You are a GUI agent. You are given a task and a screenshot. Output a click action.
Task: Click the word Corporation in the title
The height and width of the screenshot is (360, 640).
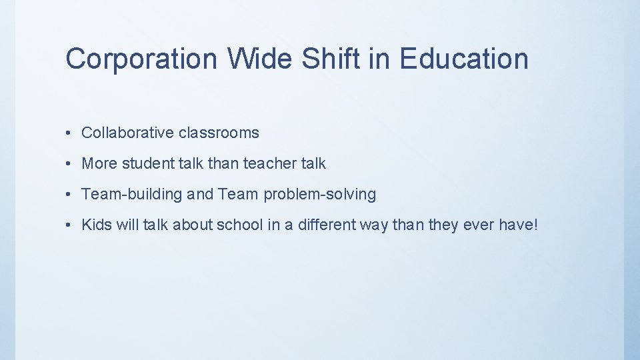[x=141, y=59]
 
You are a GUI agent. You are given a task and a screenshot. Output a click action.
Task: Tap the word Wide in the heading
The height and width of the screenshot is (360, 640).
[x=261, y=59]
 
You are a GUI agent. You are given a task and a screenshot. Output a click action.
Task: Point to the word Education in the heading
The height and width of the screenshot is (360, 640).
[x=464, y=59]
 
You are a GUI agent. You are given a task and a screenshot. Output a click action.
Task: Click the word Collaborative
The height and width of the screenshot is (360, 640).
[x=127, y=133]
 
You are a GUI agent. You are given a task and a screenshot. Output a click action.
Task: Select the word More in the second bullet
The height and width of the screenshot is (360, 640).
[x=99, y=163]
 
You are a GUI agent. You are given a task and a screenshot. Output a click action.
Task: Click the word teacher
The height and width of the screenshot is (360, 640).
[x=269, y=163]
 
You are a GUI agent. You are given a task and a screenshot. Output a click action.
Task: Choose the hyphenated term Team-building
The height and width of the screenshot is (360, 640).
[x=132, y=195]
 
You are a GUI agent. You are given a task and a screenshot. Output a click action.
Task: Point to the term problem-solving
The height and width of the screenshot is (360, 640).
[x=320, y=195]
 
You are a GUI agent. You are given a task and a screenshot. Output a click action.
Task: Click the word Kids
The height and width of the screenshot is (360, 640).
[x=97, y=225]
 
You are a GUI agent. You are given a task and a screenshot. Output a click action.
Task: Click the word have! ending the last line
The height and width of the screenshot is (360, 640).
[x=518, y=225]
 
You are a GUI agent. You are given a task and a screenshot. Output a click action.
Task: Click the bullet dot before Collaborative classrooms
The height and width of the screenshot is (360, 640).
[x=70, y=133]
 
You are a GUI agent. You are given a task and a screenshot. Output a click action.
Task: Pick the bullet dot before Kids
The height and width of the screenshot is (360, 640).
[x=70, y=225]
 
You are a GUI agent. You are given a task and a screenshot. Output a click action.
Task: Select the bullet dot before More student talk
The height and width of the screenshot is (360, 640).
[x=70, y=164]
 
